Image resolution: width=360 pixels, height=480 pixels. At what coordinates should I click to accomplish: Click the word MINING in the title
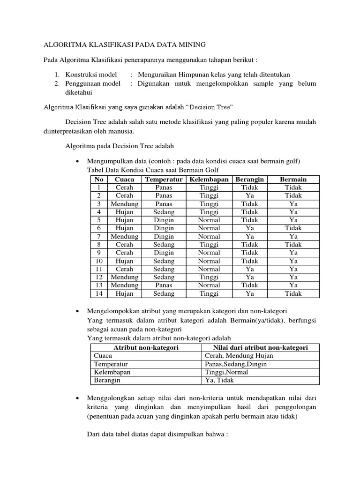tap(188, 45)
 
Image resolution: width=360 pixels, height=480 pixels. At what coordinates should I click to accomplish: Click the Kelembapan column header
tap(209, 180)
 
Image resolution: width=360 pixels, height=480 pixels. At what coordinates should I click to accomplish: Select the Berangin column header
tap(250, 180)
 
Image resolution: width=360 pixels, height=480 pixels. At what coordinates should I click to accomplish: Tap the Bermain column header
tap(293, 180)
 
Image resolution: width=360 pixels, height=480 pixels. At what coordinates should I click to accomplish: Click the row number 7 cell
tap(99, 237)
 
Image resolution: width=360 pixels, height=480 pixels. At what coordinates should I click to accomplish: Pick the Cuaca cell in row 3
tap(124, 204)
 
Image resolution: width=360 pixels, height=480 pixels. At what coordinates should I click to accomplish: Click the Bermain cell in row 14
tap(293, 294)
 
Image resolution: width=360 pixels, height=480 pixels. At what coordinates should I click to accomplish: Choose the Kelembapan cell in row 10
tap(209, 261)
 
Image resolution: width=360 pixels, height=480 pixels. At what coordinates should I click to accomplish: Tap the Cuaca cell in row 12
tap(124, 277)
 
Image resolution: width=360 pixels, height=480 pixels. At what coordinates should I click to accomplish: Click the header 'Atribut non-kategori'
tap(146, 347)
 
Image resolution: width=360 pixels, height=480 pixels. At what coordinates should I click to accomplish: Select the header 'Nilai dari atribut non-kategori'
tap(260, 347)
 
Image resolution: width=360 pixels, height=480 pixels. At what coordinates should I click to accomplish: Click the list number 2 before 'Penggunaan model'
tap(56, 84)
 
